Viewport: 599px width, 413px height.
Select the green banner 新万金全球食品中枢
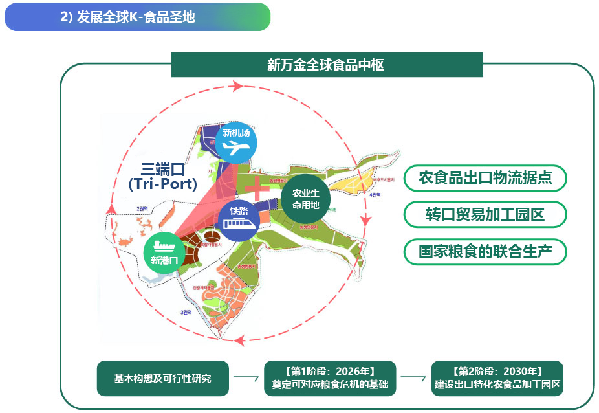tap(326, 65)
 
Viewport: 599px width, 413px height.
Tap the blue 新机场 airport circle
tap(235, 141)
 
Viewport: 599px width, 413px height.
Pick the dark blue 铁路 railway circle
tap(238, 219)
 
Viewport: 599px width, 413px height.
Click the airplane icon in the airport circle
tap(235, 148)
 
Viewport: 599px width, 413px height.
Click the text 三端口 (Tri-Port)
tap(162, 176)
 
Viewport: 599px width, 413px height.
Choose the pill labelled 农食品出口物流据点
tap(485, 178)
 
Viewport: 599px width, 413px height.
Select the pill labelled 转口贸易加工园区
tap(485, 215)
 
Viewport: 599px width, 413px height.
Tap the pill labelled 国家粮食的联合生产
tap(485, 251)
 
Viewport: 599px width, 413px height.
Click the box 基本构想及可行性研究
tap(162, 378)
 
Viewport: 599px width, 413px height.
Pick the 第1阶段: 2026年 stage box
tap(330, 378)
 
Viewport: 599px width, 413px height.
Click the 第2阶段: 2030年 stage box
tap(497, 378)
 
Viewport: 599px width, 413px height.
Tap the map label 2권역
tap(141, 208)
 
